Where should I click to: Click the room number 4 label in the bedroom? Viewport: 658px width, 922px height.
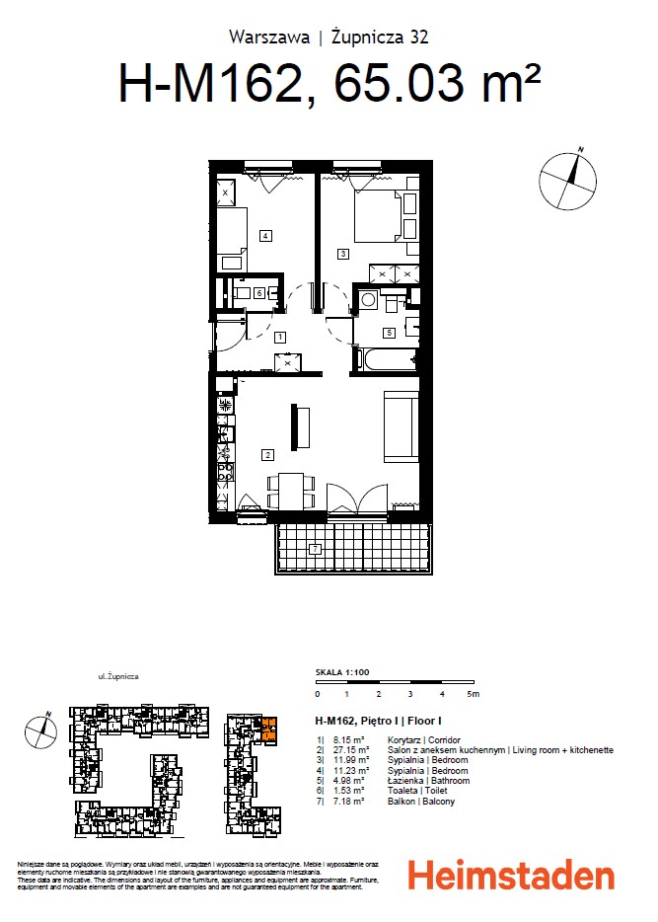pos(265,235)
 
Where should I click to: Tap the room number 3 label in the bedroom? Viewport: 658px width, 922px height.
pos(342,254)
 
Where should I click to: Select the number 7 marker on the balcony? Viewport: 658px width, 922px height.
pos(314,548)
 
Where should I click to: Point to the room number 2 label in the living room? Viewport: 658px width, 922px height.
pos(266,455)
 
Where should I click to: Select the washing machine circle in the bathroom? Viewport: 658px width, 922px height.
pos(366,299)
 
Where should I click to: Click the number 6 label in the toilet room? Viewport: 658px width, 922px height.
pos(258,293)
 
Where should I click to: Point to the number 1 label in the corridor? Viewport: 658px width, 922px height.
pos(281,337)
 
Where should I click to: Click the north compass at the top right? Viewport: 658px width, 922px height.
pos(568,179)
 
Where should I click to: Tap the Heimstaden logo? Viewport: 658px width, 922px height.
pos(511,876)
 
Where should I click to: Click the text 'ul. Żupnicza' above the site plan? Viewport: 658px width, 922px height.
pos(117,678)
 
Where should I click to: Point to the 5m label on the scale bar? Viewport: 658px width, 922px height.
pos(474,695)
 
